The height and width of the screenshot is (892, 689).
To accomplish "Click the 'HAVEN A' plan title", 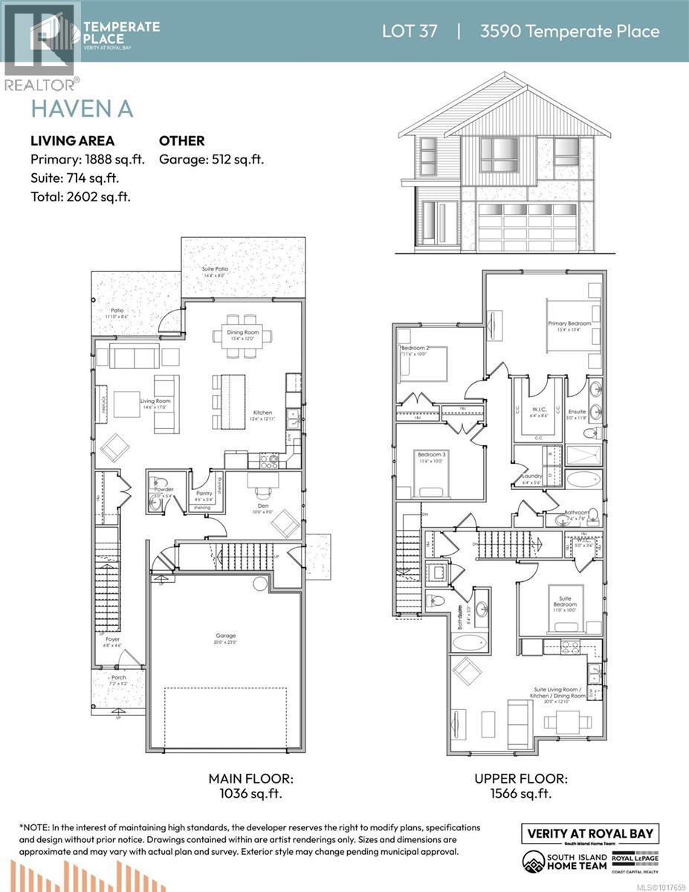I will [82, 109].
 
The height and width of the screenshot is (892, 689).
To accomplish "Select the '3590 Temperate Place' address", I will [569, 31].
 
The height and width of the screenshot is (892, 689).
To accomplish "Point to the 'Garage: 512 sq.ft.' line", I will [212, 159].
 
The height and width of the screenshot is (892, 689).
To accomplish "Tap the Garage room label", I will [226, 636].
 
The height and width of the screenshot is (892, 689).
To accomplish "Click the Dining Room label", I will [243, 332].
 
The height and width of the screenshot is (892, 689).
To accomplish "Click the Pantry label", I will [204, 493].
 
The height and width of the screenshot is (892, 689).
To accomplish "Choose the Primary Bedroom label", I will [569, 323].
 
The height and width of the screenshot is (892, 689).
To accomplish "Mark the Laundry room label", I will [531, 476].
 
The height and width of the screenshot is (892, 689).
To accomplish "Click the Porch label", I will [118, 678].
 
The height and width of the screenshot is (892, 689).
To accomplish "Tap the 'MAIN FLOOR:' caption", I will [250, 779].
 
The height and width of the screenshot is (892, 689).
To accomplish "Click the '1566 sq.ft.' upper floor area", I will [520, 794].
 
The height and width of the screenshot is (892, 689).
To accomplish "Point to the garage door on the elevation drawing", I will [526, 227].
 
